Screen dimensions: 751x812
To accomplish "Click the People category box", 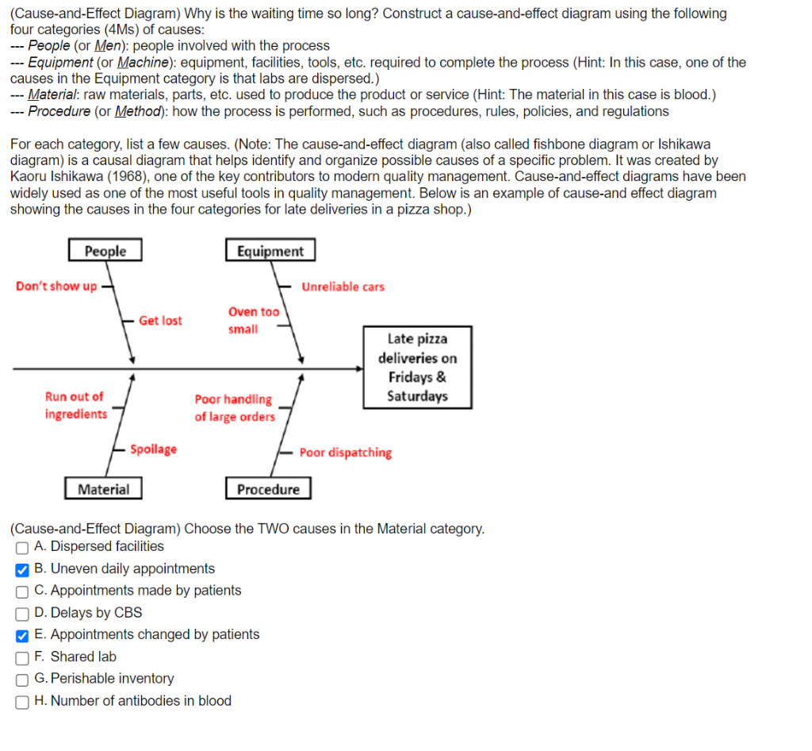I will point(105,251).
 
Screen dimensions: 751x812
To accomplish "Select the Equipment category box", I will point(270,251).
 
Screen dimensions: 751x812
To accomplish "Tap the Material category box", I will point(103,489).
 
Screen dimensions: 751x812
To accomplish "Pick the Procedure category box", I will point(268,489).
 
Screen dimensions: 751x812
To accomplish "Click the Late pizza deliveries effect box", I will point(417,368).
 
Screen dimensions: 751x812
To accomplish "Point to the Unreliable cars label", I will point(343,287).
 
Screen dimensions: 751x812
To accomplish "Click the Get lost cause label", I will point(160,321).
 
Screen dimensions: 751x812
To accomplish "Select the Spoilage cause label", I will point(154,449).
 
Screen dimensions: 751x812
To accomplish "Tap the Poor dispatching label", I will point(345,453).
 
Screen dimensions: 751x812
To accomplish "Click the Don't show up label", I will point(56,287).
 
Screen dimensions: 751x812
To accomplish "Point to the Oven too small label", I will point(253,321).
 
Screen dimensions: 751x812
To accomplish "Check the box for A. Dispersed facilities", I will point(22,547).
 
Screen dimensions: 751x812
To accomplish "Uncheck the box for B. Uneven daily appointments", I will point(22,569).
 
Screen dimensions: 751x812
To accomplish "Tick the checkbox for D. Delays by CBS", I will point(22,613).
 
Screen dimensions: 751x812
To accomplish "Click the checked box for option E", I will point(22,635).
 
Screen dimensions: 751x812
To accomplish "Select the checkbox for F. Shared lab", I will point(22,657).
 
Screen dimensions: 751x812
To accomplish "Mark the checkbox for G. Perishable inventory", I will point(22,680).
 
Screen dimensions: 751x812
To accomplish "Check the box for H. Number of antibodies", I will point(22,702).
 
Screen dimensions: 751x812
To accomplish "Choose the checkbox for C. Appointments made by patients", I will point(22,591).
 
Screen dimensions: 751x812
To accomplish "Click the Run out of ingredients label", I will point(75,405).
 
